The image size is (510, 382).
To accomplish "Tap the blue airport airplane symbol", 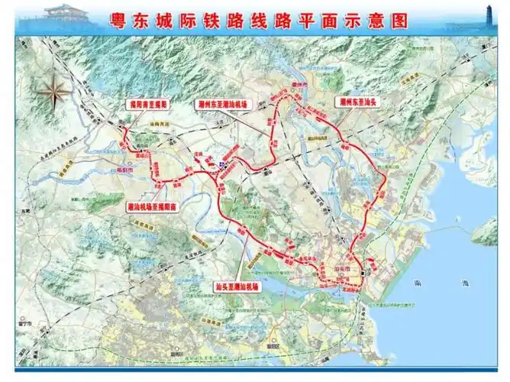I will point(223,163).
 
